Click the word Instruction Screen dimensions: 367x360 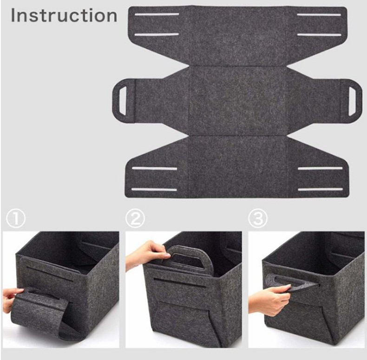pos(64,15)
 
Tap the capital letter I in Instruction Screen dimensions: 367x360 pos(13,15)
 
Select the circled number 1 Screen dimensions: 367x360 pos(16,219)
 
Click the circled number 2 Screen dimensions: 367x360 pos(135,219)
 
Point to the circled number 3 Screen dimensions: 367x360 pos(258,219)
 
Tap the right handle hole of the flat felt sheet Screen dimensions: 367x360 pos(353,101)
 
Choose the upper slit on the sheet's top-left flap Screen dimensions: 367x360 pos(157,14)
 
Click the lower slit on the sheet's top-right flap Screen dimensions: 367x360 pos(319,35)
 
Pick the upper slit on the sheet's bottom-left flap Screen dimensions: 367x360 pos(154,168)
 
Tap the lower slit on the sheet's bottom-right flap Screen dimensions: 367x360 pos(320,189)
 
